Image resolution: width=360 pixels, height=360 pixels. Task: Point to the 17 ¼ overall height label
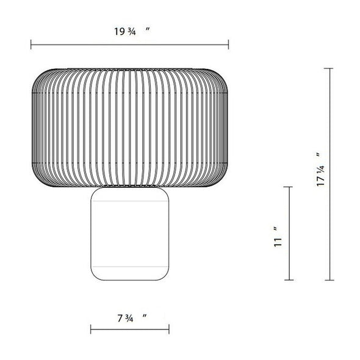point(320,170)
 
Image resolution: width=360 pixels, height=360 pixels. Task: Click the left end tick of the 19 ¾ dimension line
point(31,45)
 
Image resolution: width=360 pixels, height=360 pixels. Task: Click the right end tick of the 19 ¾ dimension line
point(228,45)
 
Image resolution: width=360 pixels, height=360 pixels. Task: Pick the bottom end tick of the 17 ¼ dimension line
point(330,280)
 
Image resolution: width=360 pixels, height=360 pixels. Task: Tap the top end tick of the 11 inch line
point(289,187)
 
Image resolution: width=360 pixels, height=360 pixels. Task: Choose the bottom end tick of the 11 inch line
point(289,280)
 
